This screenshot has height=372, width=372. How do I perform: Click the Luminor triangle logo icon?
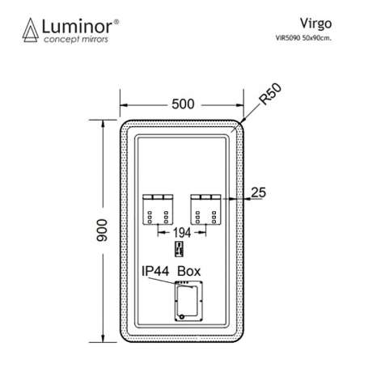31,30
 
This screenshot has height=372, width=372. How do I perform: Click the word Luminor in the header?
77,27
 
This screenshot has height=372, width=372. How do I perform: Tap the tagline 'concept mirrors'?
76,40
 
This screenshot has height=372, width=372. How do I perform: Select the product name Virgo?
315,24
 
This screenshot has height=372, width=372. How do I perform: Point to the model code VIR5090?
288,38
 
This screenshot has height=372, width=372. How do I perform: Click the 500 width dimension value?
183,104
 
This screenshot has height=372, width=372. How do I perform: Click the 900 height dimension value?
102,230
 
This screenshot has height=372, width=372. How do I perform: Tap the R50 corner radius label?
270,94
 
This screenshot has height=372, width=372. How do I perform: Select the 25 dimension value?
258,192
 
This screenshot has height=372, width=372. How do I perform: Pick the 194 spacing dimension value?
182,233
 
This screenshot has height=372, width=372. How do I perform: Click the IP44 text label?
155,271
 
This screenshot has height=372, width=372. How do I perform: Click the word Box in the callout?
189,271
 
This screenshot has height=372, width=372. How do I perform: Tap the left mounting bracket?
158,209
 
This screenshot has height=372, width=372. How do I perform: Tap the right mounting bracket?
206,209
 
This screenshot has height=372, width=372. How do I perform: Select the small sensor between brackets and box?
180,249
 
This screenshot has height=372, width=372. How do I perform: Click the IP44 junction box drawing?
188,301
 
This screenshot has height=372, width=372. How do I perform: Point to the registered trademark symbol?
116,22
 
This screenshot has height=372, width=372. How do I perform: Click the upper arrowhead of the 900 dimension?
103,124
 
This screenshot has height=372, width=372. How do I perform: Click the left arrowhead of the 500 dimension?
124,105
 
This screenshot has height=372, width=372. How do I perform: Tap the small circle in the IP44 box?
182,317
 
